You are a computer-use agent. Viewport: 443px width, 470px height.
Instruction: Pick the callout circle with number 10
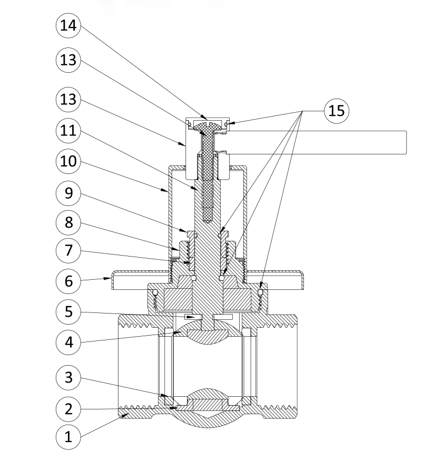(x=68, y=162)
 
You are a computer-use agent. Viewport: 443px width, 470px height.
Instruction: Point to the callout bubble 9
(x=68, y=194)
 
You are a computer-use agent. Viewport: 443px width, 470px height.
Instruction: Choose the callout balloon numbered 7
(x=68, y=250)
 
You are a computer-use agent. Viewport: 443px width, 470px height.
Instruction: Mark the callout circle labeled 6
(x=68, y=281)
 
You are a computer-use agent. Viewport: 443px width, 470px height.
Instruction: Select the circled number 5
(x=68, y=312)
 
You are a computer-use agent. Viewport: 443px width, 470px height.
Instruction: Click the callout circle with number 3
(x=68, y=377)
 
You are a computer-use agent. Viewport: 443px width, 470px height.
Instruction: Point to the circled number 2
(x=68, y=408)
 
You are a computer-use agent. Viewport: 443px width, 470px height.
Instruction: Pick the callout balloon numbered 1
(x=68, y=437)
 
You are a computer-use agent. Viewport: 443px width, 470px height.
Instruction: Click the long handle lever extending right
(x=316, y=142)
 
